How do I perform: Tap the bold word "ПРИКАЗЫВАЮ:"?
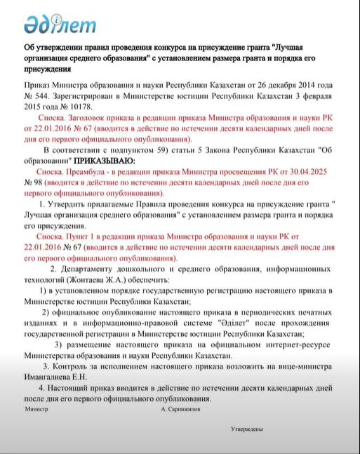pos(107,161)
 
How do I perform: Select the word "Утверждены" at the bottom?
pos(247,428)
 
